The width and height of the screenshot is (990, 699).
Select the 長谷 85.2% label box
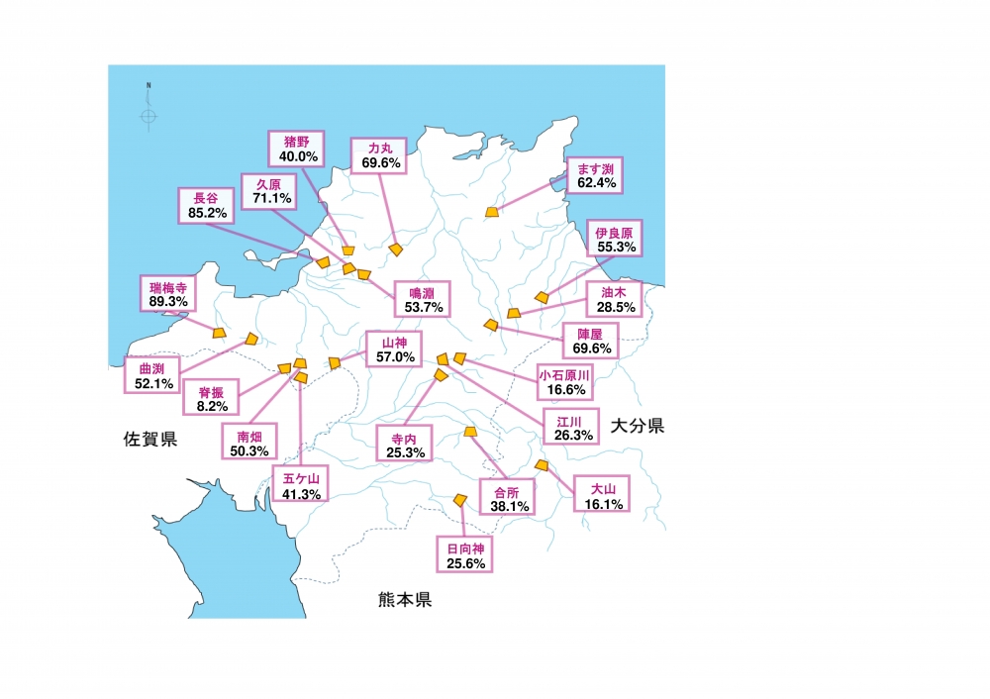[x=206, y=204]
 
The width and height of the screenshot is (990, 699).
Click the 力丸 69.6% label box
[x=380, y=154]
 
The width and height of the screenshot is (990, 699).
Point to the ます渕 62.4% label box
[x=596, y=175]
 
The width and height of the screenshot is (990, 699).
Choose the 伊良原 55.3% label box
[x=614, y=239]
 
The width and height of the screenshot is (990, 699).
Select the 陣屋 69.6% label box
[x=590, y=341]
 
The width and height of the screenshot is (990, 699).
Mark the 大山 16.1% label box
[x=602, y=496]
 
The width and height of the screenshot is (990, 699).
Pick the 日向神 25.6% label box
[x=464, y=555]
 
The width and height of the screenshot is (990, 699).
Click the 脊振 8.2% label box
[x=211, y=398]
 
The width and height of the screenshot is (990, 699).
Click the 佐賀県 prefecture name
[x=150, y=440]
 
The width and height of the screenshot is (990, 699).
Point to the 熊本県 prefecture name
[x=405, y=600]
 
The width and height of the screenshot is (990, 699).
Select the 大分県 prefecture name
[x=637, y=427]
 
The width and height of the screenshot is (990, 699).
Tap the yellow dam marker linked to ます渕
[x=492, y=212]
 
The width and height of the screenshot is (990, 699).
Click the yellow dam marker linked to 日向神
[x=460, y=500]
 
